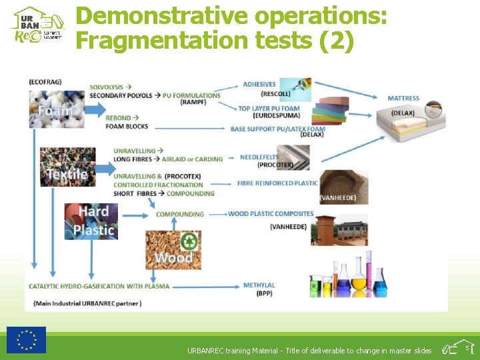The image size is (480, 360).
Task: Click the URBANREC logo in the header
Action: pos(38,25)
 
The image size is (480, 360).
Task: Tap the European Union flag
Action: pos(27,339)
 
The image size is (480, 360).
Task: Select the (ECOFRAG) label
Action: pos(45,82)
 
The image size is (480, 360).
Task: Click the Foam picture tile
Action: pos(57,109)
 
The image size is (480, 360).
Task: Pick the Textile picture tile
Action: pos(67,167)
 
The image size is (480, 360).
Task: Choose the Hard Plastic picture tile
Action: pos(91,221)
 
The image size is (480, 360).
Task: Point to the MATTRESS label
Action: pos(403,99)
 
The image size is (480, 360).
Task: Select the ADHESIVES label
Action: pos(259,85)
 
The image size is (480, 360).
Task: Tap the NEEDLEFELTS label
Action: pos(259,157)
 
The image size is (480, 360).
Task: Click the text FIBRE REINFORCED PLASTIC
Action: pos(277,183)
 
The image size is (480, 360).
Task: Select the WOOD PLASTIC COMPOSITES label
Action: pos(271,214)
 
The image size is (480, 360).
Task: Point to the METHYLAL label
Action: pos(259,285)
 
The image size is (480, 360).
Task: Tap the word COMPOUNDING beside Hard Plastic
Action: pos(180,214)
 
